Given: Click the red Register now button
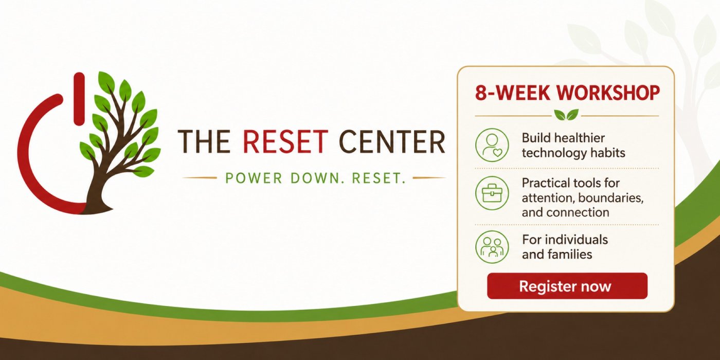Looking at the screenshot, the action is (x=567, y=286).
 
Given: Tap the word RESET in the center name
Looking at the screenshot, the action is (x=285, y=141).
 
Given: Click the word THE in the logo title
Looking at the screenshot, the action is (x=204, y=141).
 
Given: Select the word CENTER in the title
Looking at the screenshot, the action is (x=392, y=141).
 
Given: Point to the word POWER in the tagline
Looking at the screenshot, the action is (x=254, y=178).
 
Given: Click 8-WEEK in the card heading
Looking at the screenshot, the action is (x=512, y=93).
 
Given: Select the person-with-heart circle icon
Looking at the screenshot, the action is (x=492, y=145).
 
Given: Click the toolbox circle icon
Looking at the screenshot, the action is (x=492, y=193).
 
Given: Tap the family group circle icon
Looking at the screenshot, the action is (x=492, y=247).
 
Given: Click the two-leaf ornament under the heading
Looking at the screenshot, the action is (x=566, y=115).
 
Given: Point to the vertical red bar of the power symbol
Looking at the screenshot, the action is (x=79, y=98).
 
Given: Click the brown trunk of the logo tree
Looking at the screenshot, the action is (x=97, y=193).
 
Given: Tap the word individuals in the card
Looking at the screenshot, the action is (x=577, y=240).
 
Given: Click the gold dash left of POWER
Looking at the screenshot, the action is (x=200, y=178).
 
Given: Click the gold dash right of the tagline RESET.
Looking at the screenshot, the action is (x=429, y=178).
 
